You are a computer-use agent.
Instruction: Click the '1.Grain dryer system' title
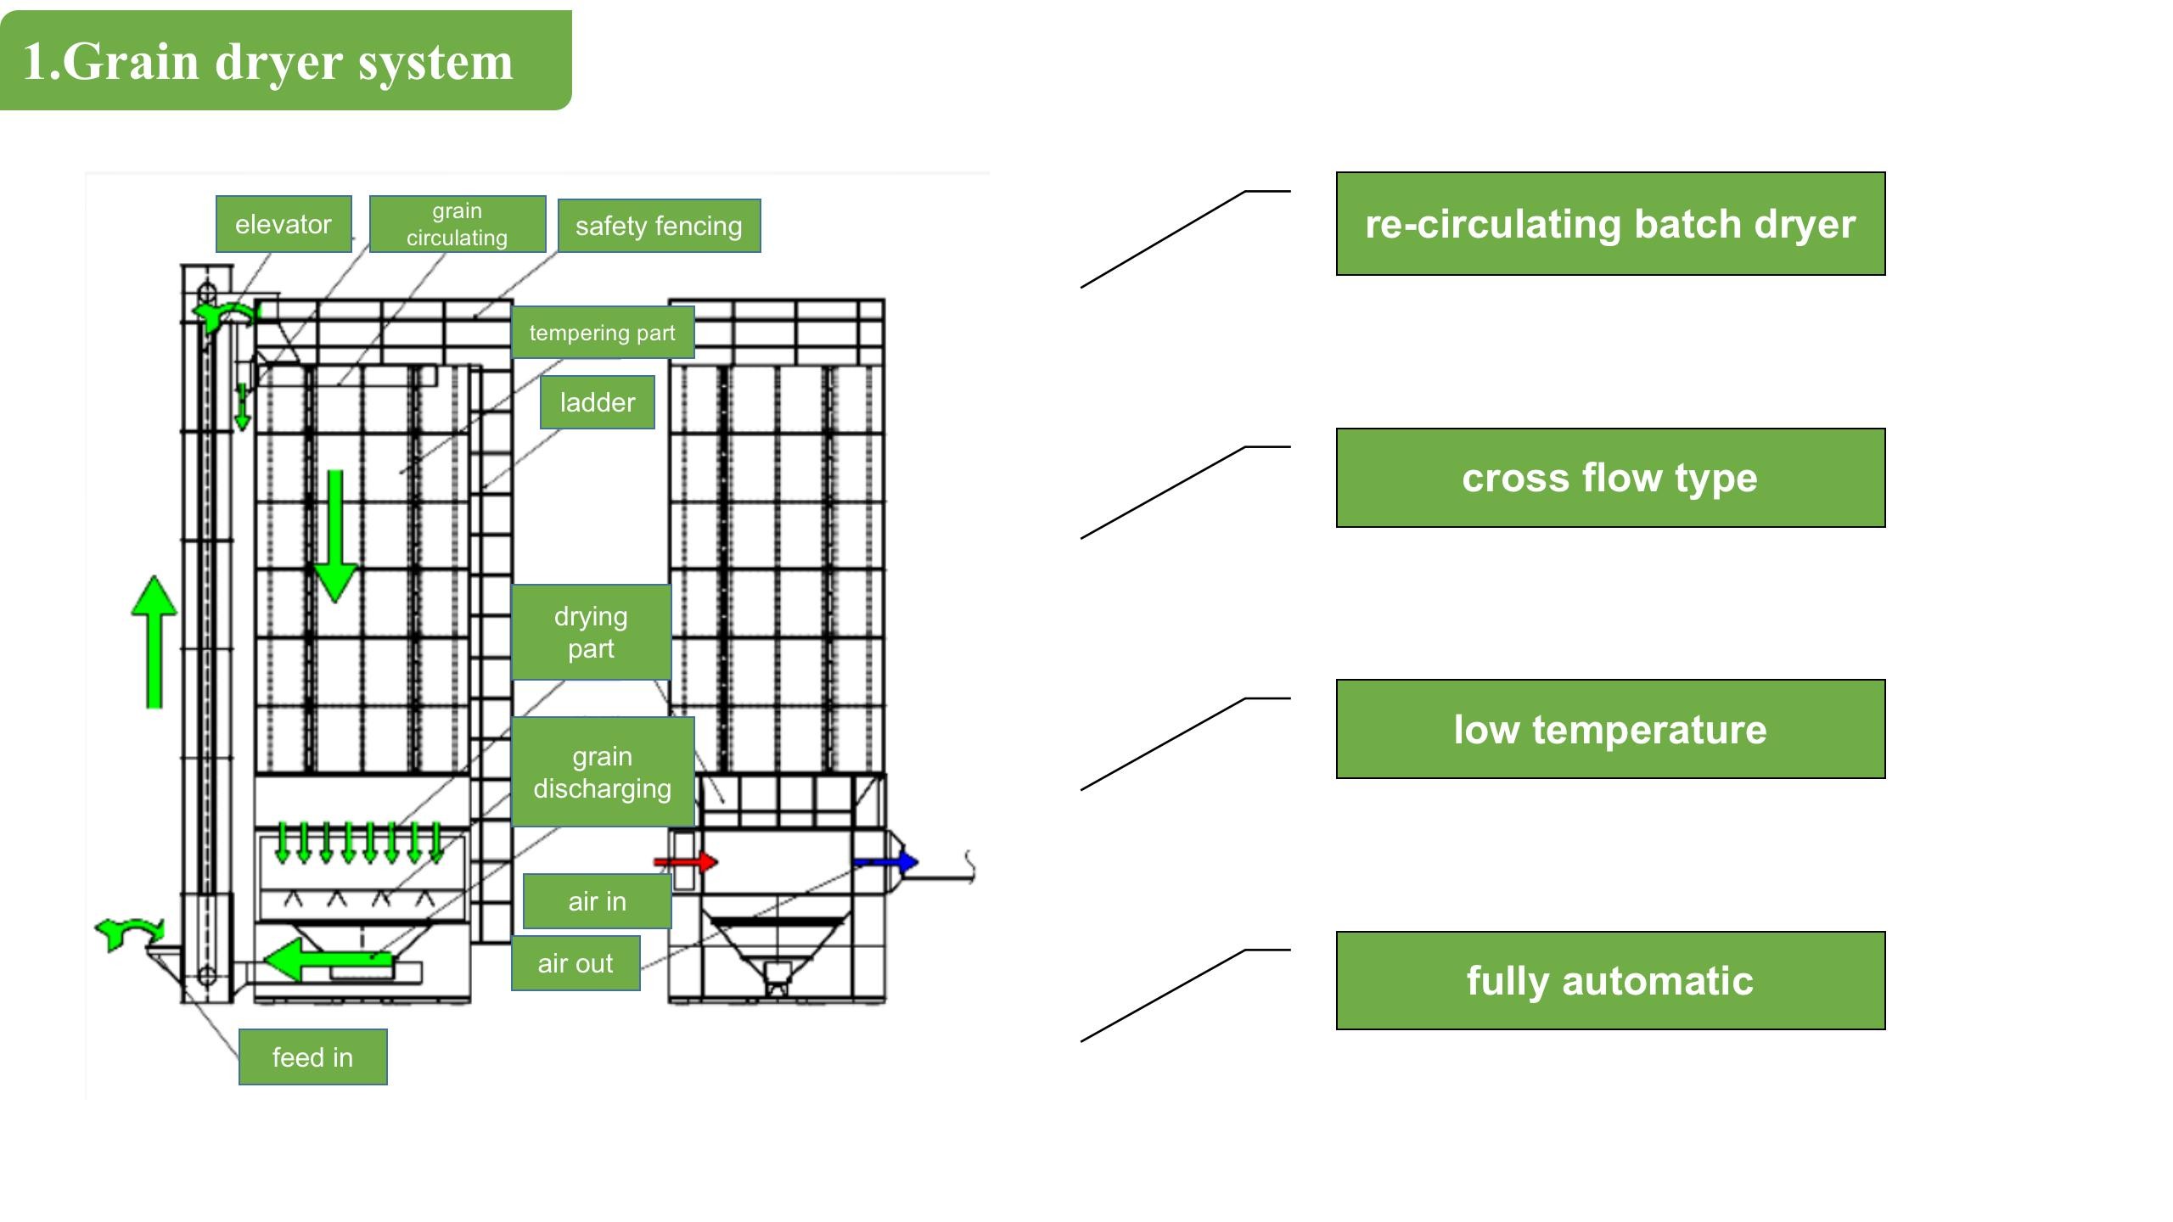[268, 61]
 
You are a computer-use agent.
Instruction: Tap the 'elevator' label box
[284, 224]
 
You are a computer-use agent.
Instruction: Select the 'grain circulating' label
[458, 224]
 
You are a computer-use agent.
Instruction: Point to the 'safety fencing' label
[659, 226]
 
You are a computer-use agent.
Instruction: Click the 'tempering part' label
[603, 333]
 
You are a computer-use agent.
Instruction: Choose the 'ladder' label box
[598, 402]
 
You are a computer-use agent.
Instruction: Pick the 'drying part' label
[591, 632]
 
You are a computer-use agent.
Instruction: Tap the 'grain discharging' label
[603, 772]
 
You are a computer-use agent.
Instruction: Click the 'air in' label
[598, 901]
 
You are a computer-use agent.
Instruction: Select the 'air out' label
[576, 963]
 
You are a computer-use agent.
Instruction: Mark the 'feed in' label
[312, 1057]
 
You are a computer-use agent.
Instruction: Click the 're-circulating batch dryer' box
[1610, 224]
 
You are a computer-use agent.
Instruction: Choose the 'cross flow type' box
[1610, 478]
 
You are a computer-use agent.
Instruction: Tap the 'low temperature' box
[1610, 729]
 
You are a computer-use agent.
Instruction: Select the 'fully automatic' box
[1610, 981]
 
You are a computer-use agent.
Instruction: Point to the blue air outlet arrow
[887, 862]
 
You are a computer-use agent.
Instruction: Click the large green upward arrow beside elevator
[154, 641]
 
